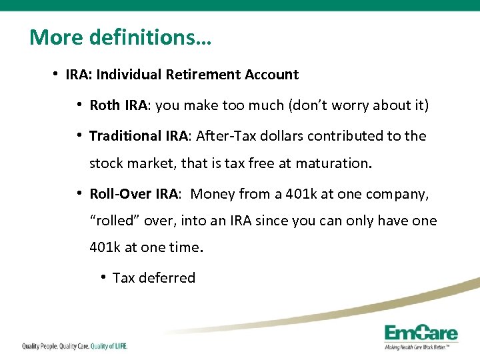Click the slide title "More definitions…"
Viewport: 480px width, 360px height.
coord(120,37)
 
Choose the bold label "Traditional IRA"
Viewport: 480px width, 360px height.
coord(139,136)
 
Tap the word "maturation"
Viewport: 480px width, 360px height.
coord(332,163)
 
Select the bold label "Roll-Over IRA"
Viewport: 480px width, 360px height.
coord(133,194)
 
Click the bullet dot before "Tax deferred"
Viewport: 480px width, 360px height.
coord(103,277)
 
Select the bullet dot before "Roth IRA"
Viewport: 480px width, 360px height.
coord(79,105)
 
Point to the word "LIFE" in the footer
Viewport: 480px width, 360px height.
coord(117,346)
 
